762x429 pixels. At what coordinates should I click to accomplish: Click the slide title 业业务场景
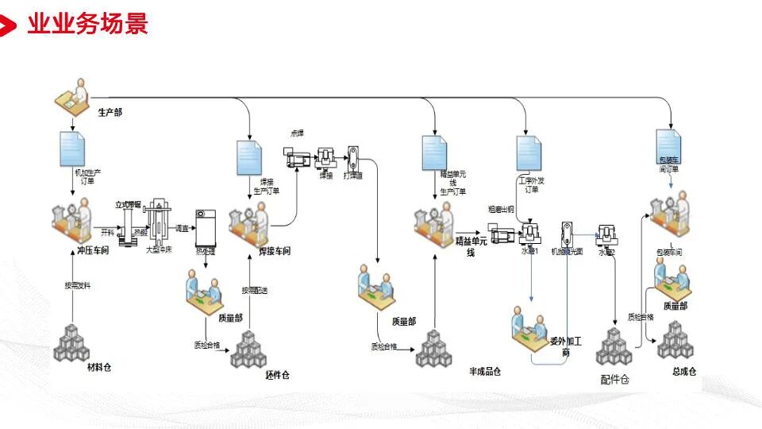[x=87, y=24]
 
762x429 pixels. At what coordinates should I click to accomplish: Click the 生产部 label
[x=110, y=112]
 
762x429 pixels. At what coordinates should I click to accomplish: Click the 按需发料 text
[x=77, y=285]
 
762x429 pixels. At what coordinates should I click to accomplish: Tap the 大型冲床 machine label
[x=159, y=249]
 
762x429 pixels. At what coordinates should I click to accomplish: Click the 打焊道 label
[x=353, y=176]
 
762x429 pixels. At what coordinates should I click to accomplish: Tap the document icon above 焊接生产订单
[x=249, y=157]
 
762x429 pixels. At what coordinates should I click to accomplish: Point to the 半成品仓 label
[x=485, y=371]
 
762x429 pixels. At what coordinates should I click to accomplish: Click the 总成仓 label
[x=682, y=371]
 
